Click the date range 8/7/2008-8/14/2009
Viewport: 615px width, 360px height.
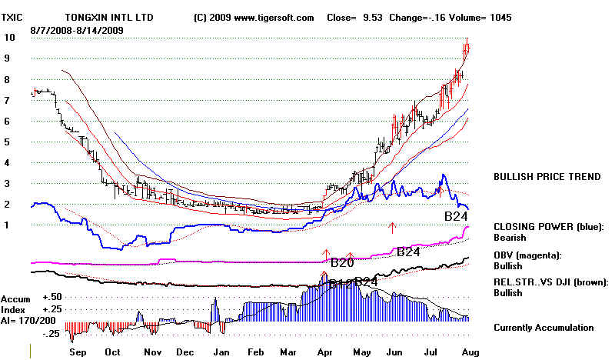pos(78,29)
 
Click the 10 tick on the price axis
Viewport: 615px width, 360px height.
pos(9,37)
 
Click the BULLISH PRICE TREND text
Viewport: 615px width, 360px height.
pos(547,177)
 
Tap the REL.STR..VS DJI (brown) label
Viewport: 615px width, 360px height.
pos(551,282)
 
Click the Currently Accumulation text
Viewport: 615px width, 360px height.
pos(544,327)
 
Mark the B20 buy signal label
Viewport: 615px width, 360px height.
pos(342,262)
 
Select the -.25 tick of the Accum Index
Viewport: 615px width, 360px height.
pos(52,333)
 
